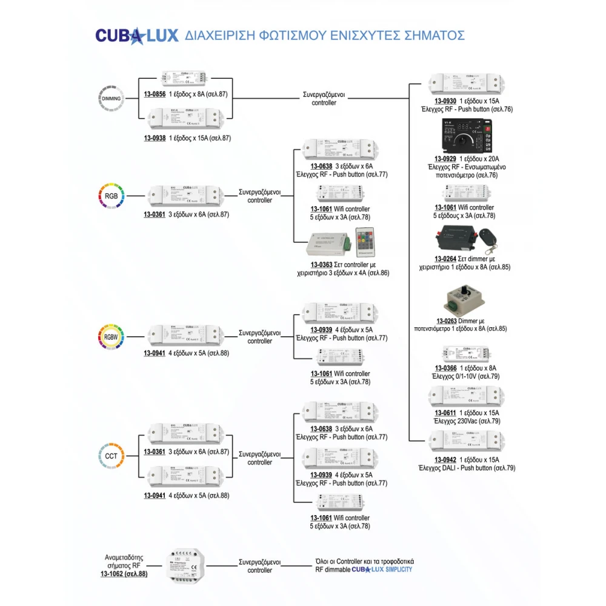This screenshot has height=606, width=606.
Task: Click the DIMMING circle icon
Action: pyautogui.click(x=112, y=98)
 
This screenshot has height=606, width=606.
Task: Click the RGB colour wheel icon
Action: pyautogui.click(x=112, y=196)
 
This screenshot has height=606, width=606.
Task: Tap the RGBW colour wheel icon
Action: pyautogui.click(x=112, y=337)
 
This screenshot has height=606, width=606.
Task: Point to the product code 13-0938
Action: pyautogui.click(x=155, y=138)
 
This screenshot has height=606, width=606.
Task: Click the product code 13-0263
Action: pyautogui.click(x=447, y=321)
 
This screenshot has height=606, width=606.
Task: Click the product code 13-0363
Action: pyautogui.click(x=322, y=264)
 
